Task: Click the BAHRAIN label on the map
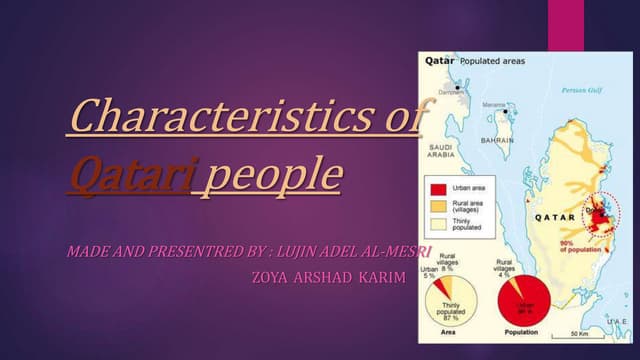(x=497, y=141)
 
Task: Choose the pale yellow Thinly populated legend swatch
(x=437, y=222)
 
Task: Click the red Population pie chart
(x=522, y=302)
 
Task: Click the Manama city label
(x=494, y=105)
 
